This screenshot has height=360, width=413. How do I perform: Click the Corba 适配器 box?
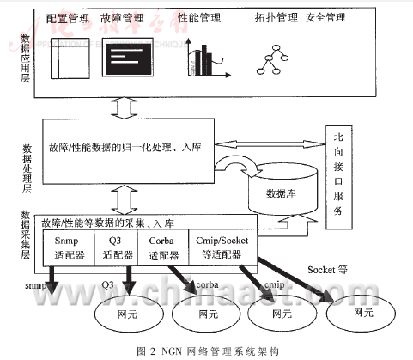pos(161,248)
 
